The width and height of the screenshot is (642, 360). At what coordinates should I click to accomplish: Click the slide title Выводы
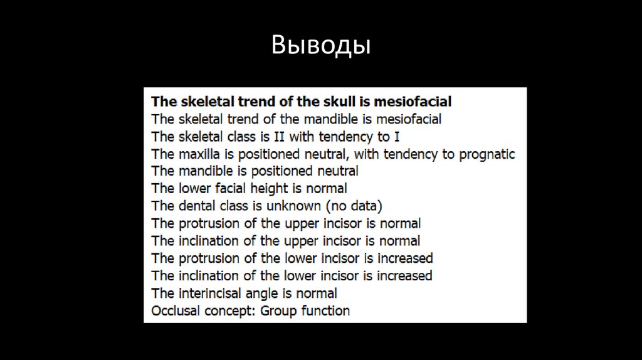[x=321, y=46]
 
